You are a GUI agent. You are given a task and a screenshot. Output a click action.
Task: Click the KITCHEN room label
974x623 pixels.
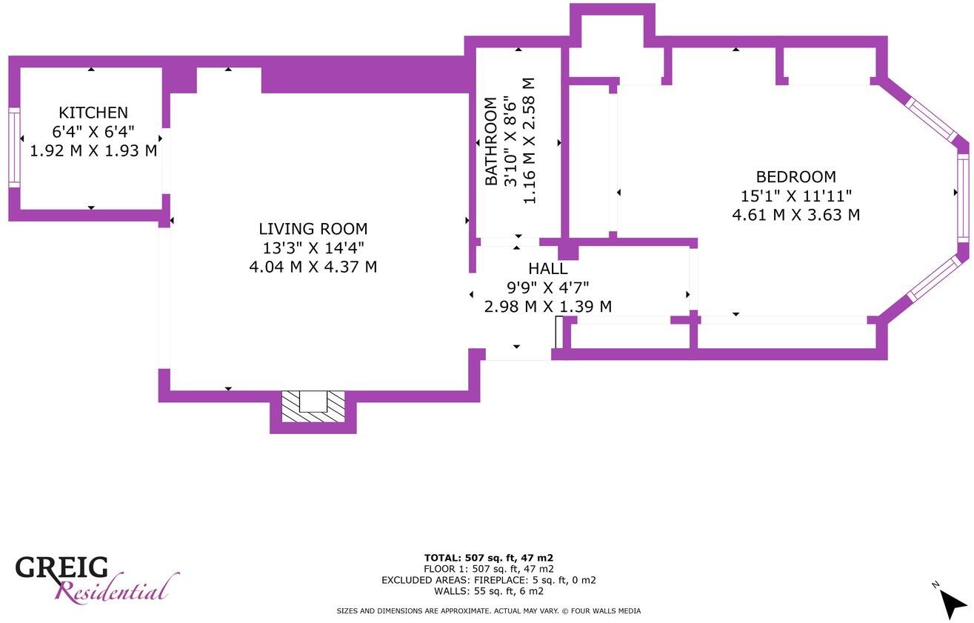pyautogui.click(x=93, y=113)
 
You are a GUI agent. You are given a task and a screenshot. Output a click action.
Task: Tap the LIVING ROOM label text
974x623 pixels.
pyautogui.click(x=313, y=229)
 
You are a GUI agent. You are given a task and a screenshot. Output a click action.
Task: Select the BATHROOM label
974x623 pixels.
pyautogui.click(x=491, y=141)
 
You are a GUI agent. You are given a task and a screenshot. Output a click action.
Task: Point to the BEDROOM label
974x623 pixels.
pyautogui.click(x=795, y=177)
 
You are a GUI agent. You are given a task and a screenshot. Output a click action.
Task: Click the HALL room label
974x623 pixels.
pyautogui.click(x=548, y=269)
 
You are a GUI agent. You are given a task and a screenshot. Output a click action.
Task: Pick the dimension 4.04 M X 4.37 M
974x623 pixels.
pyautogui.click(x=313, y=267)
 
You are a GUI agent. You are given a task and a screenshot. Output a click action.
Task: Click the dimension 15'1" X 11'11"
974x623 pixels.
pyautogui.click(x=795, y=196)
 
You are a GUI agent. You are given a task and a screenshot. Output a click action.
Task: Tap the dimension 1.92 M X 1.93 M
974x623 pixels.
pyautogui.click(x=93, y=150)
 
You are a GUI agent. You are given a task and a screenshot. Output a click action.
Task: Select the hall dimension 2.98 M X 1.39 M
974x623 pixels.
pyautogui.click(x=548, y=307)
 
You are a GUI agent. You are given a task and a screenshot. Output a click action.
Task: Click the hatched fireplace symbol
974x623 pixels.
pyautogui.click(x=313, y=407)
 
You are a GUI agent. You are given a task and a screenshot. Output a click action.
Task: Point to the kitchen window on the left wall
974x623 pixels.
pyautogui.click(x=14, y=147)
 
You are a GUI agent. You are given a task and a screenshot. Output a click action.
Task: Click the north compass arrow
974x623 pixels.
pyautogui.click(x=953, y=603)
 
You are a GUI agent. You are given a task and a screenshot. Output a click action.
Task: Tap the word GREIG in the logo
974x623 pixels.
pyautogui.click(x=61, y=567)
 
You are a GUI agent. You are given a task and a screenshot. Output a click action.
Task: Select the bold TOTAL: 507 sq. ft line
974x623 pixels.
pyautogui.click(x=489, y=558)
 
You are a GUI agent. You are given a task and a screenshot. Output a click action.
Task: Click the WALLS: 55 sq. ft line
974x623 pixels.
pyautogui.click(x=489, y=591)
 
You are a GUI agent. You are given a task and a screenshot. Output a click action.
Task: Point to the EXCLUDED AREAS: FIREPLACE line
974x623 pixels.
pyautogui.click(x=489, y=580)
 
